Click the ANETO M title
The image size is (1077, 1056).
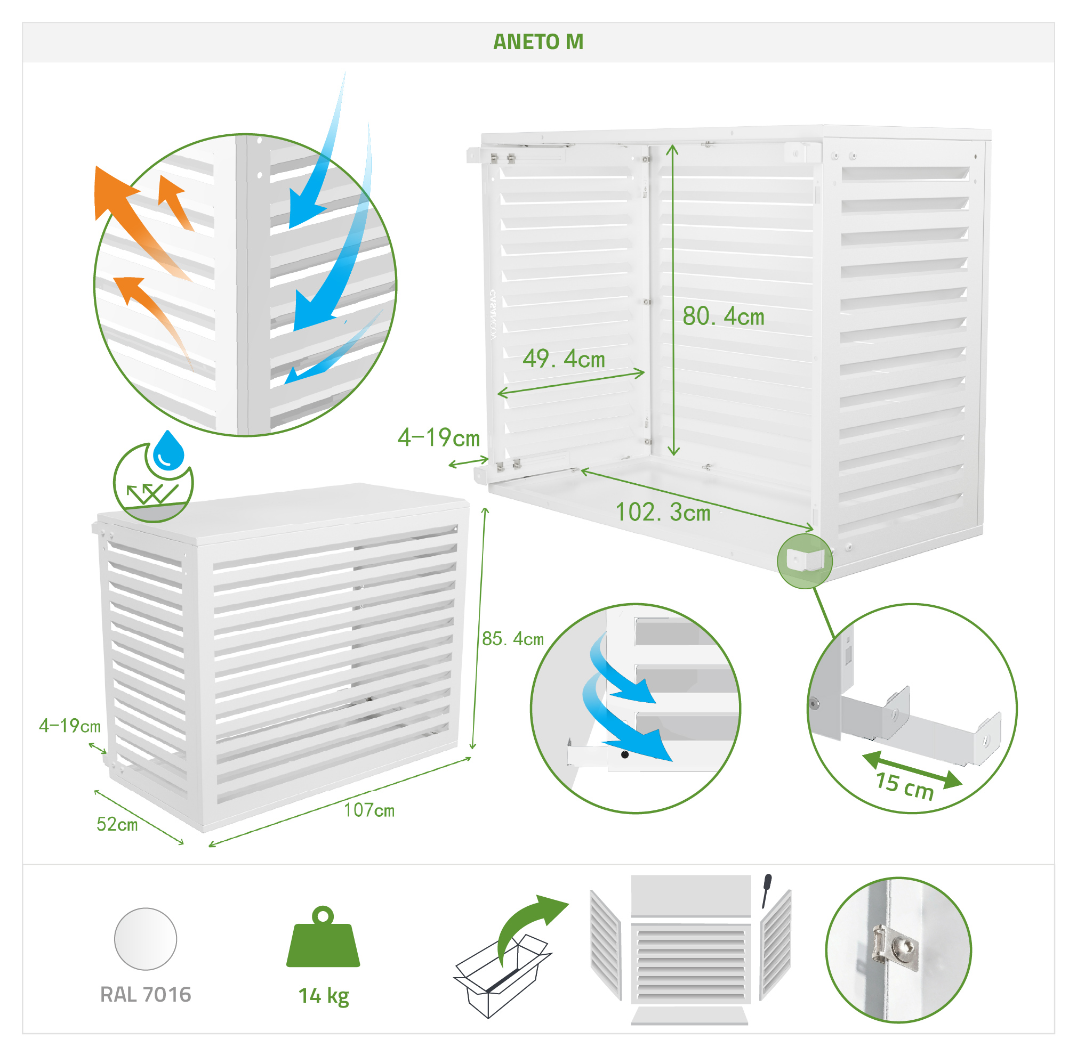coord(538,42)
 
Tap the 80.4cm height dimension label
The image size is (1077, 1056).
coord(724,316)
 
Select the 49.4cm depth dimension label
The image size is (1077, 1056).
coord(564,360)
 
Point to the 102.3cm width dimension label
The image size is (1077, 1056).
coord(663,513)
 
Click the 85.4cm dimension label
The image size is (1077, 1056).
coord(513,639)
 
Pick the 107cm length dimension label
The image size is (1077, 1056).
coord(369,810)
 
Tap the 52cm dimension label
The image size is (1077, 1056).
coord(117,824)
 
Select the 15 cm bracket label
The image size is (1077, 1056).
coord(905,786)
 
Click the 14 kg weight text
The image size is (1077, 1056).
coord(324,996)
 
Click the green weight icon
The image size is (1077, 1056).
coord(323,937)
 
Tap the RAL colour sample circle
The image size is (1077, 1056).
coord(146,939)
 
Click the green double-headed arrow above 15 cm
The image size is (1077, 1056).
coord(913,769)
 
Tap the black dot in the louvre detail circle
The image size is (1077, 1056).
coord(625,755)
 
